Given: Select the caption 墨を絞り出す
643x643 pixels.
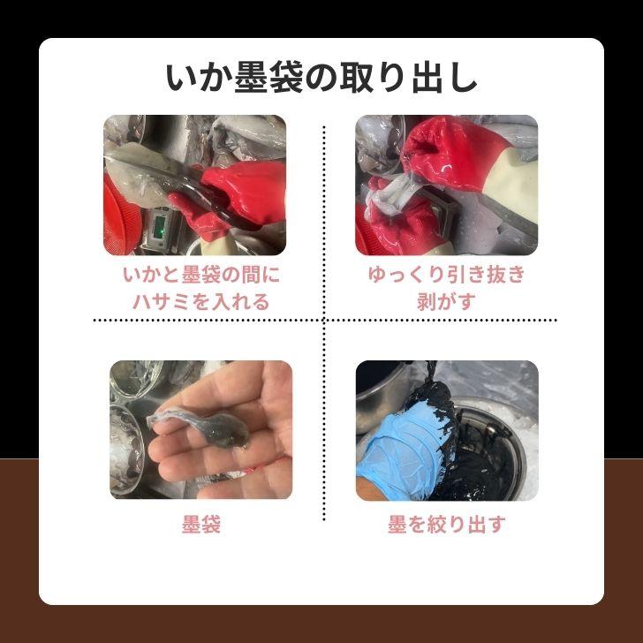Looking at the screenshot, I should (446, 525).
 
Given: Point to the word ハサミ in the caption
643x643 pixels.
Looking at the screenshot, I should (162, 300).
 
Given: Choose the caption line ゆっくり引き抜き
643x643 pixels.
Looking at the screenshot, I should (446, 275).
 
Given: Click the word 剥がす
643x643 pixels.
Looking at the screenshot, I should (446, 300).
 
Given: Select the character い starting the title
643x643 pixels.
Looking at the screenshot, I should (179, 78).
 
